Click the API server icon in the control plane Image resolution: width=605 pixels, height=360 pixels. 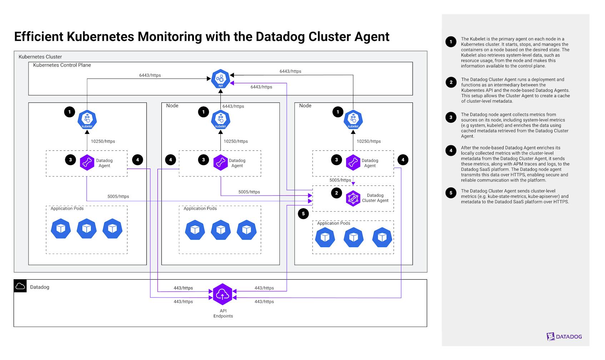(x=220, y=79)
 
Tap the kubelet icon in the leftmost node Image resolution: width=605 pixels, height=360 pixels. (x=87, y=120)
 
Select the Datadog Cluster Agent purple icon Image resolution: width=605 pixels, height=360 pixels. (x=353, y=198)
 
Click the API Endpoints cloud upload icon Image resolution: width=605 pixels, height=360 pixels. (x=223, y=294)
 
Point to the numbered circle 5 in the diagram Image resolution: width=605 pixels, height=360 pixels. (x=303, y=214)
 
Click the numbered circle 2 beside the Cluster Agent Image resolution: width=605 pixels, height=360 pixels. (x=336, y=193)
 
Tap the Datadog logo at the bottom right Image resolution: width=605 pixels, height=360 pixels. (x=564, y=336)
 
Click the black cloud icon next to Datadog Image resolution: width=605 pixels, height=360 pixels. (x=20, y=286)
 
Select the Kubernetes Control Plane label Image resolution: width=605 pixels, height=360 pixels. (x=62, y=65)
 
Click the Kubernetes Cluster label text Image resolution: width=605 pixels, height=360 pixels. (x=40, y=57)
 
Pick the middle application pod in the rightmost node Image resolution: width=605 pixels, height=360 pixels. (x=354, y=237)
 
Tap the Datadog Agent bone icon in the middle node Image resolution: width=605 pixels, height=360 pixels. (x=220, y=163)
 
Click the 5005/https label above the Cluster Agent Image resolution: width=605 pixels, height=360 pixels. (x=340, y=180)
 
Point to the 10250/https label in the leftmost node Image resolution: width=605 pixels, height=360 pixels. (x=103, y=141)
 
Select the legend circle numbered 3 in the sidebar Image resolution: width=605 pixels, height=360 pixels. (x=451, y=117)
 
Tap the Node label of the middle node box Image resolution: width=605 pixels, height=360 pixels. (x=172, y=106)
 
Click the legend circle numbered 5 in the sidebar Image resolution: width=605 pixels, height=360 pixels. (x=451, y=193)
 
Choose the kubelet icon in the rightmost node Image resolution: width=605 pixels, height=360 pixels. (x=353, y=120)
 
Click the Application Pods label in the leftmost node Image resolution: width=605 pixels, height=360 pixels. (x=67, y=209)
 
